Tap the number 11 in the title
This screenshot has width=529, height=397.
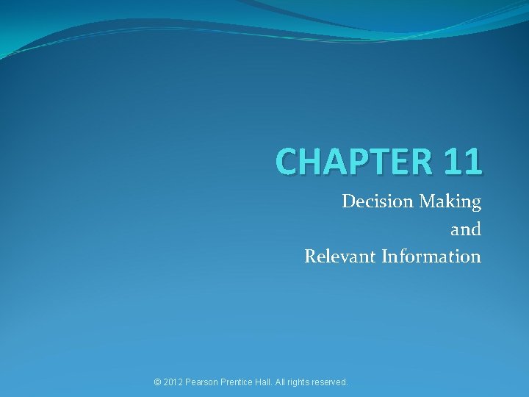(462, 160)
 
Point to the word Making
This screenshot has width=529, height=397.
(450, 202)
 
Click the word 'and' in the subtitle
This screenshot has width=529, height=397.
(466, 229)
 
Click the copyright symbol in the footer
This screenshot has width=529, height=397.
(157, 382)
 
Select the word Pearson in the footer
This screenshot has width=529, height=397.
(203, 382)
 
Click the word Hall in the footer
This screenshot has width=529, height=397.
(265, 382)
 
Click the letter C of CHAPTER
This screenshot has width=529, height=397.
(288, 160)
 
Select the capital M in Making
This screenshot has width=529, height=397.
(429, 201)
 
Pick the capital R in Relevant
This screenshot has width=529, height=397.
(311, 257)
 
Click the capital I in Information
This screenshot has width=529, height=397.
(385, 257)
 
